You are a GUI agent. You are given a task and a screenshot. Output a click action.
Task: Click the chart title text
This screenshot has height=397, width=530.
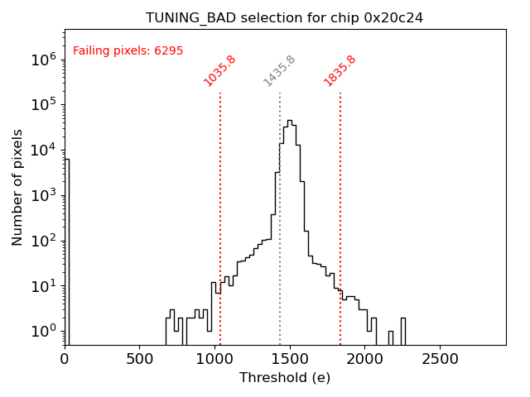click(x=284, y=17)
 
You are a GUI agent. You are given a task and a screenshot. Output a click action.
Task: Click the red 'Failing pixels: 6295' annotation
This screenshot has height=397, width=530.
click(x=128, y=51)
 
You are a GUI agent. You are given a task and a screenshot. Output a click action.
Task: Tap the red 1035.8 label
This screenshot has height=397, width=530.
click(x=220, y=71)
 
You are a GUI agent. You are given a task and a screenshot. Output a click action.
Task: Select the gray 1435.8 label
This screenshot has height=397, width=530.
click(x=280, y=71)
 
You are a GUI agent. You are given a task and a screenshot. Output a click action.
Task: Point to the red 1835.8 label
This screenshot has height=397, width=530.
click(x=340, y=71)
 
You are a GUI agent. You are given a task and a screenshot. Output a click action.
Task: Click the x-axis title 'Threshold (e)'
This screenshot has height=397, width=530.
click(x=284, y=378)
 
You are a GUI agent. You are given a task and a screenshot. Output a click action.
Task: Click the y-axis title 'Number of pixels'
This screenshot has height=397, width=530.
click(x=17, y=187)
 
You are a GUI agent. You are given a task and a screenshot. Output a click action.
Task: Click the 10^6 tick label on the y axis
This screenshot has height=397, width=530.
click(x=42, y=60)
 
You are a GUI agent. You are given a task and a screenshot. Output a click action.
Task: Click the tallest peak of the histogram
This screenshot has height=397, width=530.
click(x=289, y=121)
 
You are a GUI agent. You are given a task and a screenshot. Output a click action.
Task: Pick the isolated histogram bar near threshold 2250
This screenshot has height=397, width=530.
click(x=402, y=331)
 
